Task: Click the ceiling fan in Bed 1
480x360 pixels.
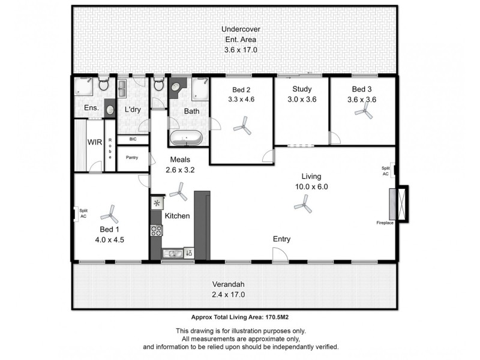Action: coord(109,213)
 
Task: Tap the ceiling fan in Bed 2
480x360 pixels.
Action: coord(242,126)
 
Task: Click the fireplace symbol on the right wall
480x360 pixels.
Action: coord(396,204)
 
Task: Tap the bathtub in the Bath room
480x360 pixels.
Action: coord(186,139)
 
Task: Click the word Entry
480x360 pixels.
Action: coord(282,239)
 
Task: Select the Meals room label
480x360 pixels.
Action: coord(181,160)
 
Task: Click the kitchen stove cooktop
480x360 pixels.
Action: coord(157,230)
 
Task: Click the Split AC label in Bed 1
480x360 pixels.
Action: coord(83,214)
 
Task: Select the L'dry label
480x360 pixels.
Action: coord(133,110)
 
